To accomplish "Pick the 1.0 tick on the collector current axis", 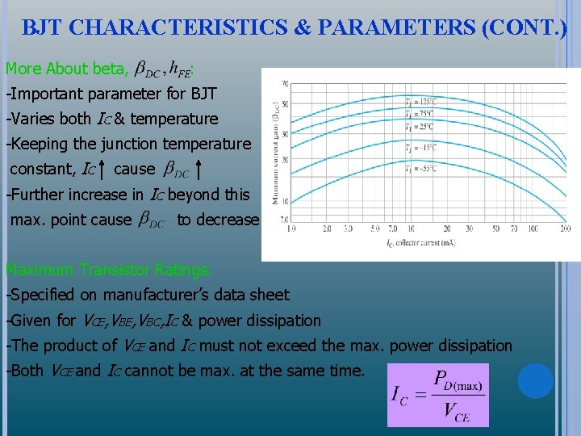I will pos(291,228).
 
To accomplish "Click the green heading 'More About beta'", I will pos(65,69).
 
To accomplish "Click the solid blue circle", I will pos(535,381).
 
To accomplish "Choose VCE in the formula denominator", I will pos(458,411).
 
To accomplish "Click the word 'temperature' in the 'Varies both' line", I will pos(174,119).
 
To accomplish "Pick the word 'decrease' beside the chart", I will pos(218,220).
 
